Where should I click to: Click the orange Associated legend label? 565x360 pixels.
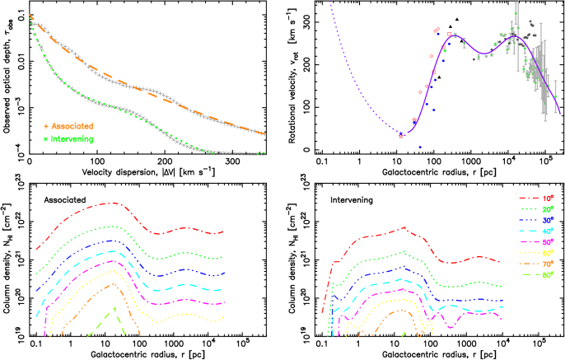point(72,126)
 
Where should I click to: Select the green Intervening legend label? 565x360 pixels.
point(72,139)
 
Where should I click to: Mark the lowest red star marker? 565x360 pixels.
point(401,136)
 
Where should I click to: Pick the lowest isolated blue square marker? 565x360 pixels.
point(419,147)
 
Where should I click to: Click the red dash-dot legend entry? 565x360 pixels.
point(536,199)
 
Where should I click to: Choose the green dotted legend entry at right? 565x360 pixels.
point(536,209)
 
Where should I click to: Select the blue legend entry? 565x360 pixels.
point(536,220)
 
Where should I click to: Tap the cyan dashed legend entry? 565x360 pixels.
point(536,231)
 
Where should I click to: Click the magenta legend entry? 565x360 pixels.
point(536,242)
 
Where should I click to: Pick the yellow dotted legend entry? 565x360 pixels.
point(536,253)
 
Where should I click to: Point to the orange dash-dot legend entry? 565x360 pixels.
point(536,264)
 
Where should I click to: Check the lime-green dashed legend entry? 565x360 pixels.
point(536,274)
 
